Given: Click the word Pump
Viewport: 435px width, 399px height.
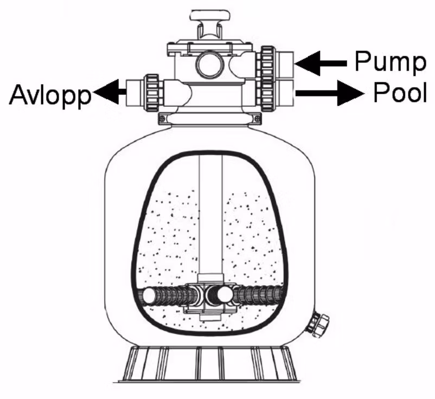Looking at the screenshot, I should pos(389,61).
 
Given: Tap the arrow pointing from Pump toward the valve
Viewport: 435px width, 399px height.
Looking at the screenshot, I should pos(320,63).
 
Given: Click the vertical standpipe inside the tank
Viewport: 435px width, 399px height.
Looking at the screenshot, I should pos(210,217).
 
